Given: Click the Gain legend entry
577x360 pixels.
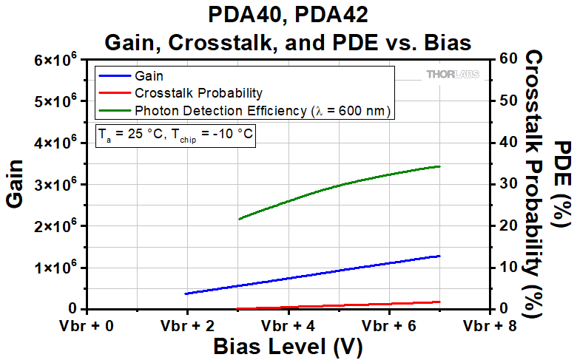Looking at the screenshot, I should pos(148,75).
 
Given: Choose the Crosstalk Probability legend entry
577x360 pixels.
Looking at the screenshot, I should pos(198,93).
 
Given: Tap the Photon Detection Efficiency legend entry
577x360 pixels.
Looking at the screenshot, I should pos(262,111).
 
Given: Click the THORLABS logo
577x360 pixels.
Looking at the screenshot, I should pos(452,75).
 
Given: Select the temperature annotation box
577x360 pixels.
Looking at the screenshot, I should pos(177,135).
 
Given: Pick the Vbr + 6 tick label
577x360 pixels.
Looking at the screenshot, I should pos(390,325).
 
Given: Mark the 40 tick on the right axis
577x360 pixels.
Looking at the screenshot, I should pos(507,142).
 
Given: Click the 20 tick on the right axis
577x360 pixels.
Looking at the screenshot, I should pos(507,225).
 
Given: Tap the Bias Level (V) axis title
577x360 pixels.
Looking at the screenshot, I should pos(288,346).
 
